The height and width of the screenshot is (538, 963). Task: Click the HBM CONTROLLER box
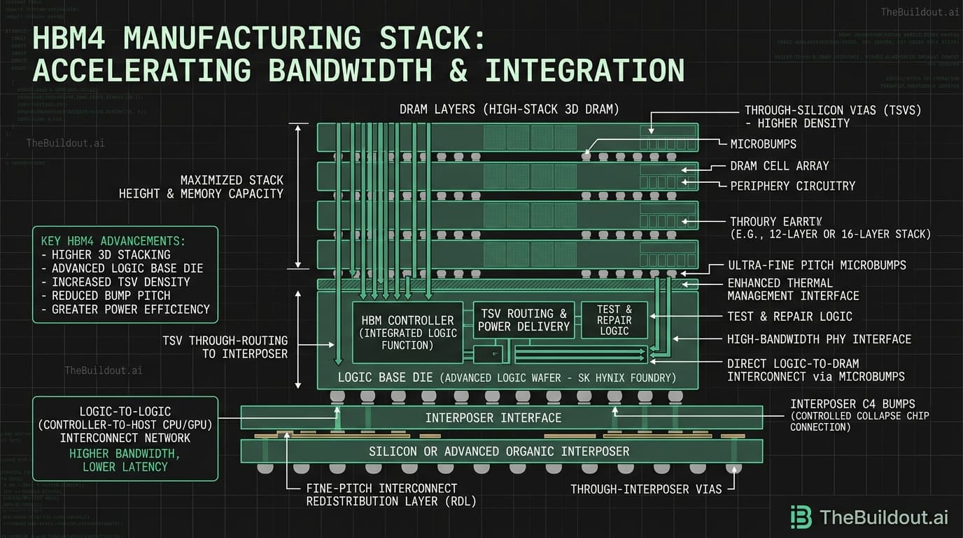[x=407, y=332]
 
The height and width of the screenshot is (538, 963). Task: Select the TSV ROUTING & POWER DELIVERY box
[x=523, y=320]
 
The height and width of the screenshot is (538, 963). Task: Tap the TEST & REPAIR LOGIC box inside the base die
[x=614, y=320]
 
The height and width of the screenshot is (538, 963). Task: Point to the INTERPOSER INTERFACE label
[x=493, y=418]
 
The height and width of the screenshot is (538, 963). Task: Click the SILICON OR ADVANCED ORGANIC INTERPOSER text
[x=499, y=452]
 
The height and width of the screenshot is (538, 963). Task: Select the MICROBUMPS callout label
[x=763, y=144]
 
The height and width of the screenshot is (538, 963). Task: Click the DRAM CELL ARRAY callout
[x=779, y=166]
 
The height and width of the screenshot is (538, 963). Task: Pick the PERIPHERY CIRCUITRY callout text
[x=792, y=186]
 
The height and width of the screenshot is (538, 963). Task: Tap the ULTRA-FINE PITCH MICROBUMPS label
[x=817, y=265]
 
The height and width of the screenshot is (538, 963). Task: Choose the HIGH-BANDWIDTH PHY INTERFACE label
[x=819, y=339]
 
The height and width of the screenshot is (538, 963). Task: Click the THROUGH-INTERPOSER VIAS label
[x=645, y=490]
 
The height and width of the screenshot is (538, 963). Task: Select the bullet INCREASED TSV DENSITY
[x=120, y=282]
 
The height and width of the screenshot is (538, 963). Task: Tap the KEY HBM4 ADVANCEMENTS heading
[x=113, y=241]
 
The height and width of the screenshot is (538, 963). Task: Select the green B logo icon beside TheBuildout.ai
[x=801, y=517]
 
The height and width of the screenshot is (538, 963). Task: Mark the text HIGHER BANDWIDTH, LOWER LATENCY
[x=125, y=460]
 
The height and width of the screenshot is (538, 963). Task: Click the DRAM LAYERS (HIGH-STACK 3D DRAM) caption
[x=509, y=110]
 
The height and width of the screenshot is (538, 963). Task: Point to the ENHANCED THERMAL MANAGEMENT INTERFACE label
[x=793, y=289]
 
